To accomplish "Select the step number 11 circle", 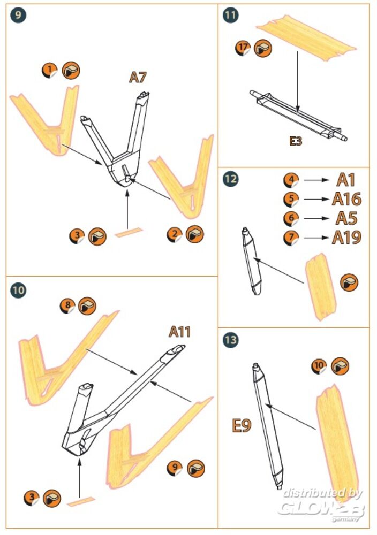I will [x=230, y=15].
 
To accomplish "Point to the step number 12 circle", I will [x=230, y=180].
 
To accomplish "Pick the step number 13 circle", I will [x=231, y=340].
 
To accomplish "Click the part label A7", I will [x=138, y=78].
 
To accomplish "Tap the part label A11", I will [x=180, y=332].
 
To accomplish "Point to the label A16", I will [x=346, y=200].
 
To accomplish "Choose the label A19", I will [x=346, y=238].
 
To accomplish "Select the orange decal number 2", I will [x=174, y=234].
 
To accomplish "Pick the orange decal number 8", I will [x=67, y=306].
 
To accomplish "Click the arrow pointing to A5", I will [x=316, y=218].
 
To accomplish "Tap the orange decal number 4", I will [x=290, y=180].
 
